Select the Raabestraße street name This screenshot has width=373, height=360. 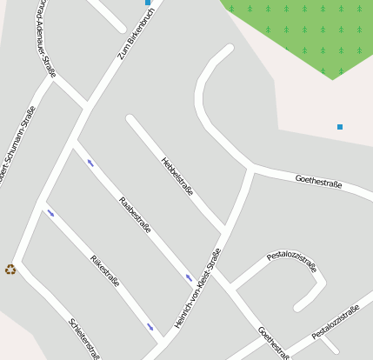pos(135,216)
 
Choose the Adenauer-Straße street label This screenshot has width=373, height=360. pos(46,39)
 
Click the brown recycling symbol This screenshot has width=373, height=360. pos(10,270)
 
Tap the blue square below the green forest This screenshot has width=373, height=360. pos(340,127)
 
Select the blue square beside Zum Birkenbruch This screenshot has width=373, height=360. pos(148,3)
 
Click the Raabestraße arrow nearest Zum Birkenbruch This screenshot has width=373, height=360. pos(90,163)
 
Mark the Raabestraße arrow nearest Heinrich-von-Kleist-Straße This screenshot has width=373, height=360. pos(189,278)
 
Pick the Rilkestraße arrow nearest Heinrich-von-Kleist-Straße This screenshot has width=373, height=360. pos(150,328)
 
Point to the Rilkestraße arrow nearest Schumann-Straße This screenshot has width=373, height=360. pos(50,212)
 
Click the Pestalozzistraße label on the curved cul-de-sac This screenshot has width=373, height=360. pos(291,258)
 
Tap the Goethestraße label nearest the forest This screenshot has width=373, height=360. pos(318,182)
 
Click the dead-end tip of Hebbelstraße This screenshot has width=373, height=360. pos(130,119)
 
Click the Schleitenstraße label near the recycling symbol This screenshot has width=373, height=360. pos(84,338)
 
